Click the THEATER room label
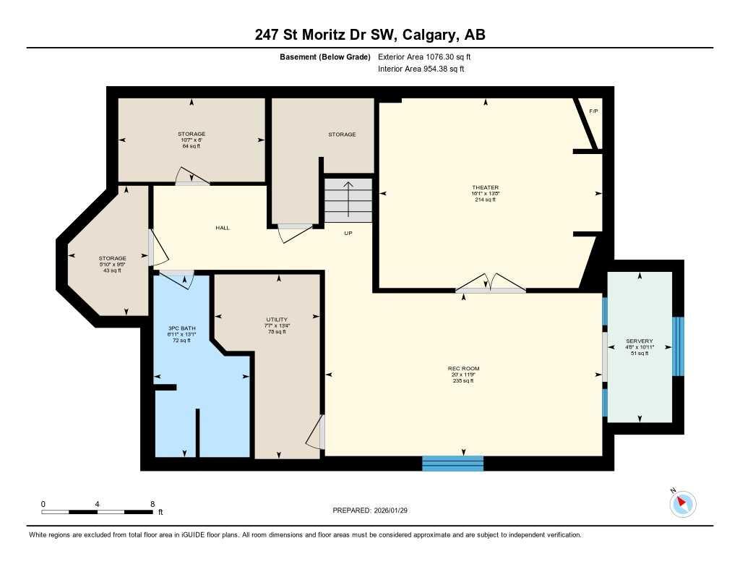486,188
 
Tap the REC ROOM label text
463,369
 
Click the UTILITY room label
277,320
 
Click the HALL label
223,228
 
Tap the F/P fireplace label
593,111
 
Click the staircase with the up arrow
348,200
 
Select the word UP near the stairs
348,234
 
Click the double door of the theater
491,284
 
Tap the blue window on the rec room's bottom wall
452,464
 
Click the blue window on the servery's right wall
677,346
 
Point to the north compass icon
682,503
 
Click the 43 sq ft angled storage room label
113,264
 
